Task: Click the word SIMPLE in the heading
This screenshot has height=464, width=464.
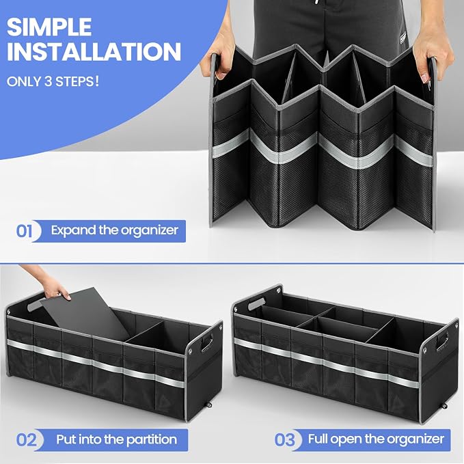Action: pyautogui.click(x=49, y=27)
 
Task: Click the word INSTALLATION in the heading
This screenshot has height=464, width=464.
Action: pyautogui.click(x=94, y=51)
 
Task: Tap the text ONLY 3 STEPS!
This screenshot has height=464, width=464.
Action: pyautogui.click(x=53, y=81)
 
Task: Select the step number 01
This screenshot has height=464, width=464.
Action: pyautogui.click(x=24, y=231)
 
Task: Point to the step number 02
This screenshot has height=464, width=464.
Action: pyautogui.click(x=27, y=439)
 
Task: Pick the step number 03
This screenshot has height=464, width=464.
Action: pyautogui.click(x=285, y=439)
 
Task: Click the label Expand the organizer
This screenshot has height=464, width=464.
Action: pyautogui.click(x=115, y=230)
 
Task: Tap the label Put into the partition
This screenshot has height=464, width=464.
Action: pyautogui.click(x=117, y=439)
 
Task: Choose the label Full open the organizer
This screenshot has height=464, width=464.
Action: pyautogui.click(x=376, y=439)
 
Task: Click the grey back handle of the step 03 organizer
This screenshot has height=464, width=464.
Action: pyautogui.click(x=256, y=303)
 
